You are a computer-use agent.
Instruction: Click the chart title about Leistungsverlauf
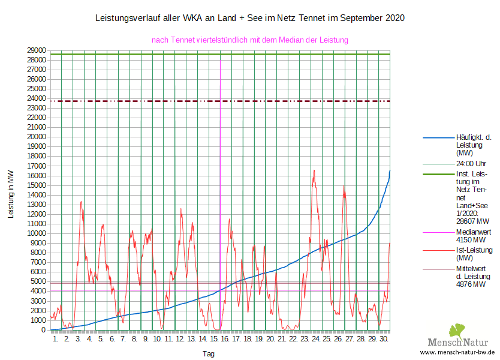(250, 18)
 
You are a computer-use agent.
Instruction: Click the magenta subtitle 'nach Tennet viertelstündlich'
(250, 40)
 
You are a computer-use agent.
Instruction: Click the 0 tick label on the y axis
(44, 329)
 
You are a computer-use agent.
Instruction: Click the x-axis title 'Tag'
(208, 354)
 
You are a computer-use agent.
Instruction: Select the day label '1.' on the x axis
(56, 339)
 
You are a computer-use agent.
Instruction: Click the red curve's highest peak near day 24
(314, 170)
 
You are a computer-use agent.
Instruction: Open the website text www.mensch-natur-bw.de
(457, 352)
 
